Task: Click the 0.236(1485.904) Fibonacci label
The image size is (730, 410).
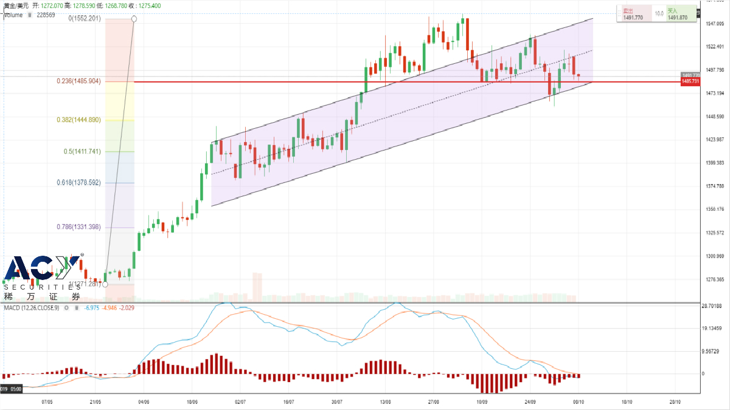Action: pos(88,81)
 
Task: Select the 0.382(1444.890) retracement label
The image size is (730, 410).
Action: pos(88,120)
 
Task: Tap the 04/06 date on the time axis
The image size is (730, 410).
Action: pos(144,402)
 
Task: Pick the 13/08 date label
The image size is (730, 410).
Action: pos(385,402)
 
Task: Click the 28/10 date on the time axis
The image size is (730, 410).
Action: pos(675,402)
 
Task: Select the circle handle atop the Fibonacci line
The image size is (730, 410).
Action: pos(134,19)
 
